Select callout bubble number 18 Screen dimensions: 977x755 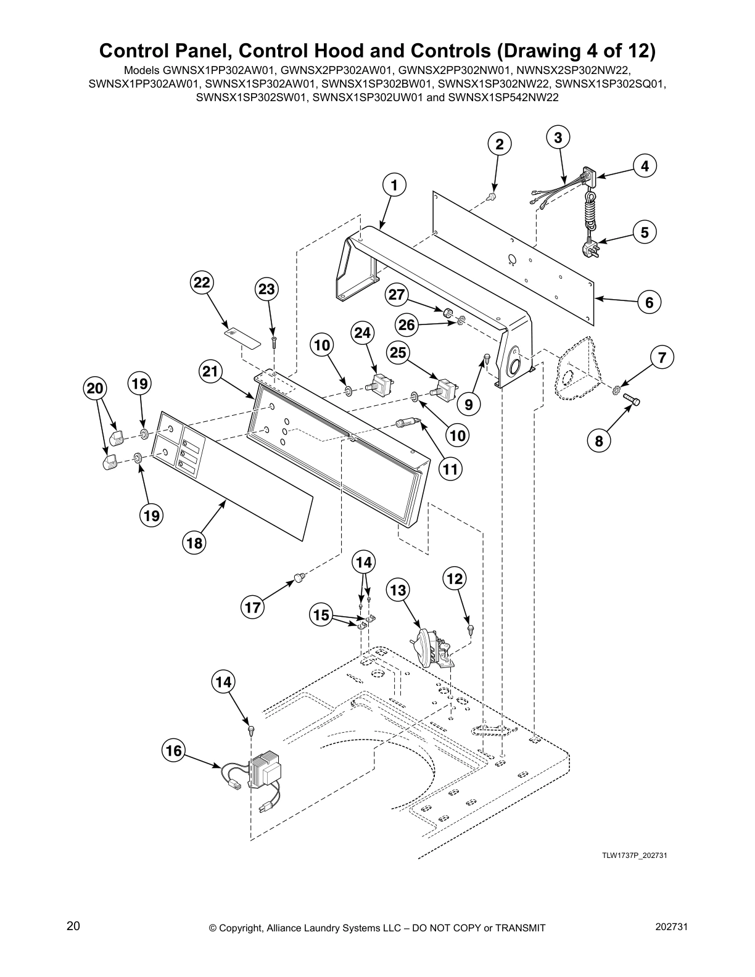(194, 543)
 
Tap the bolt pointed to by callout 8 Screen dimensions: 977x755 (632, 401)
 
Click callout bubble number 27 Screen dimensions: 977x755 (396, 295)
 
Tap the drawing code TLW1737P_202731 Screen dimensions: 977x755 (635, 855)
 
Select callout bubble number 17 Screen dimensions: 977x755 (253, 608)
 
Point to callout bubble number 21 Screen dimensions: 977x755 (211, 371)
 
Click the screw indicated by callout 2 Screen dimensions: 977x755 (493, 196)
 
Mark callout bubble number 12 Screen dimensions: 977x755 (455, 579)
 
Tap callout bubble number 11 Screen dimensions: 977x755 (451, 469)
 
